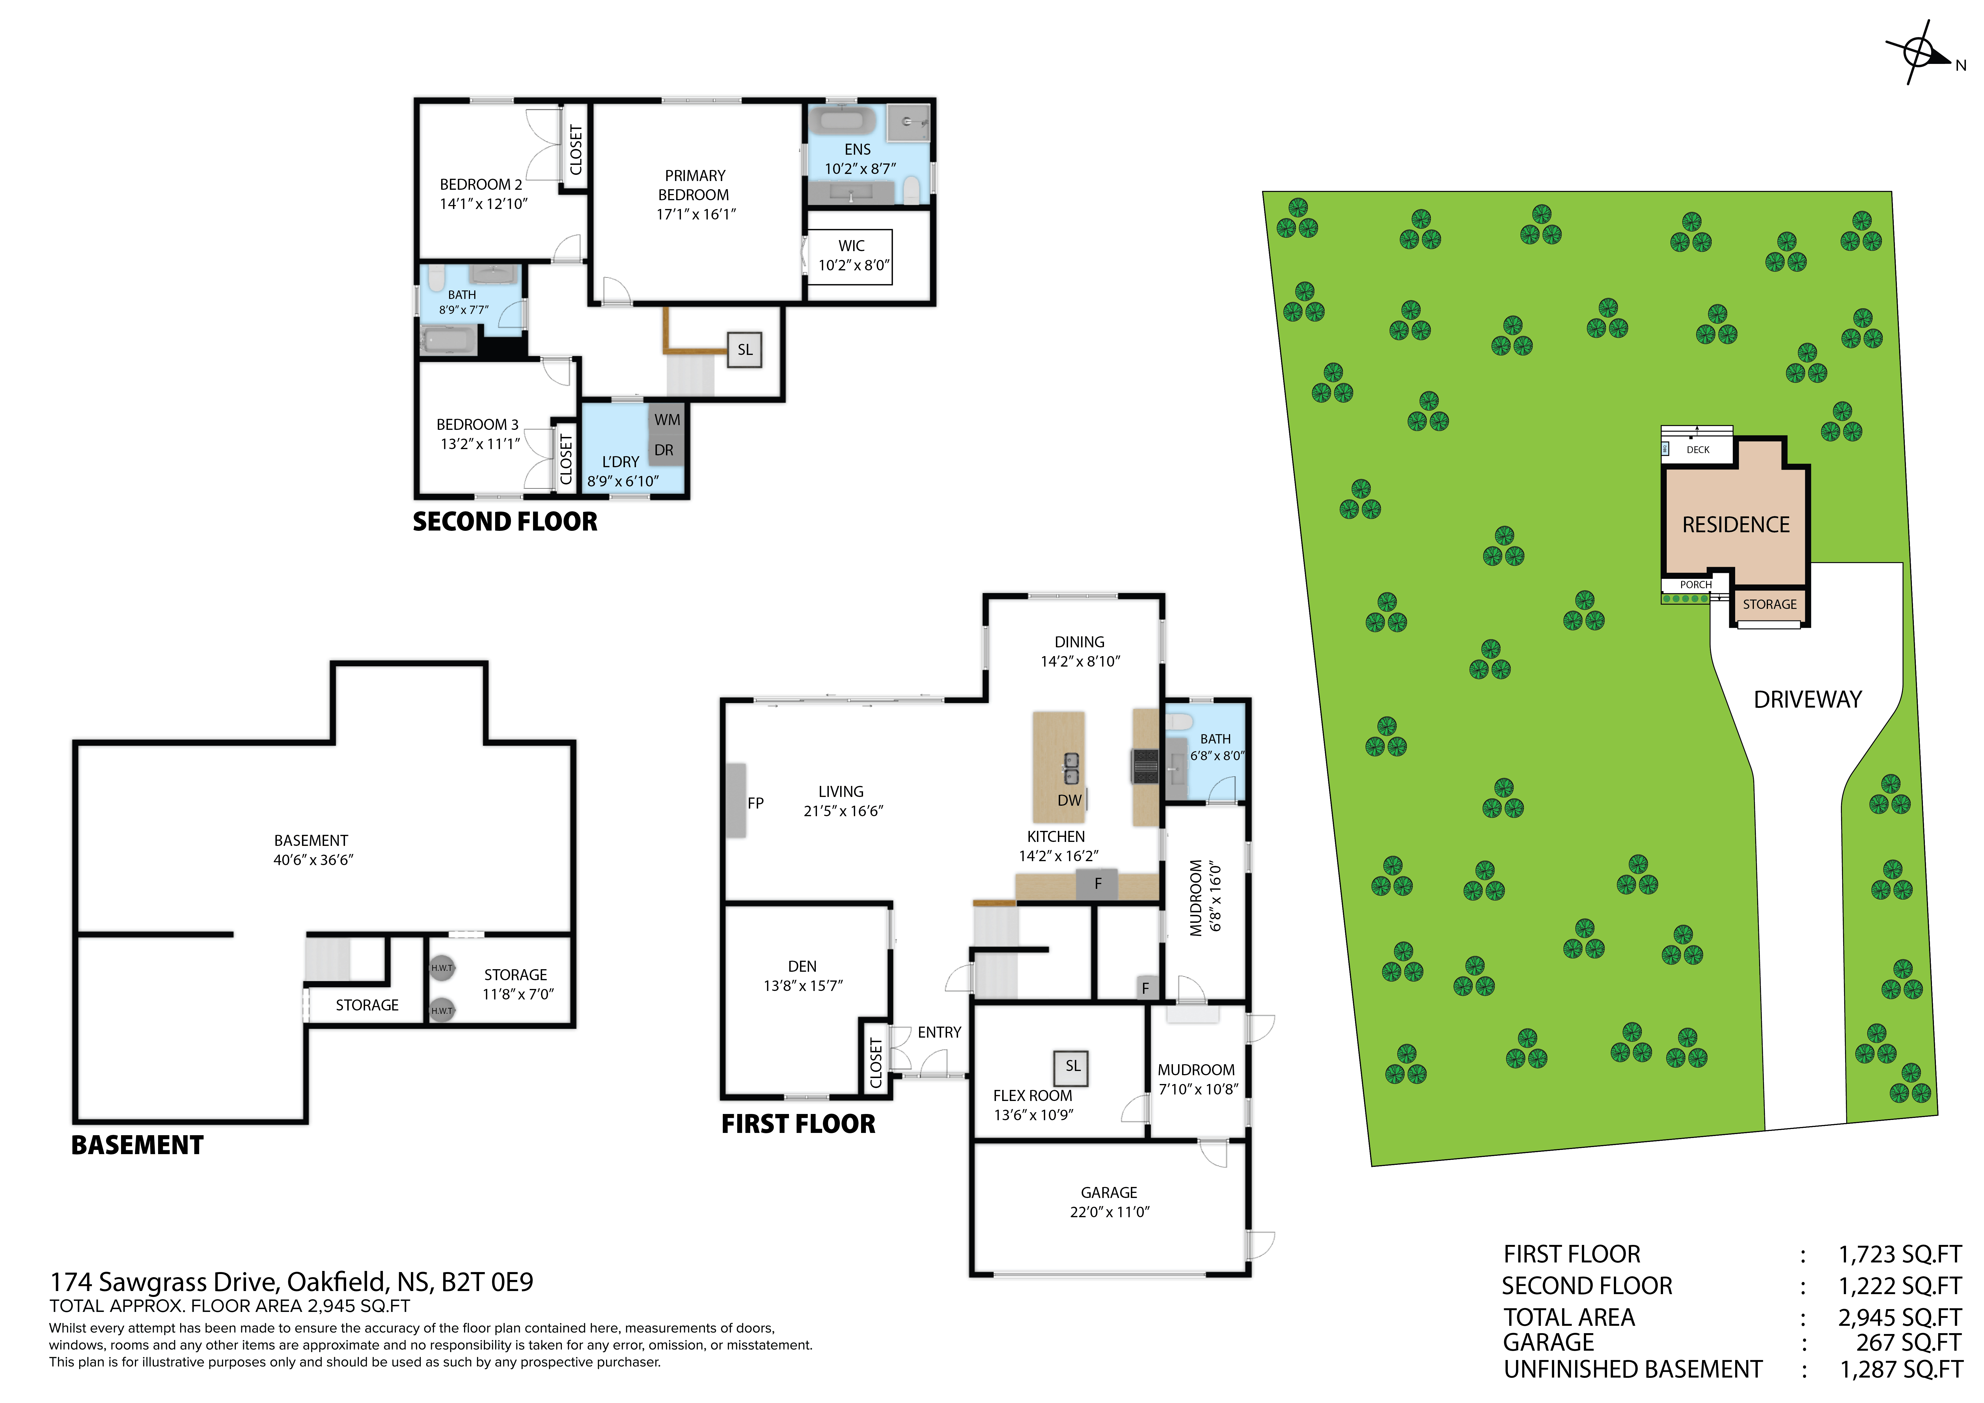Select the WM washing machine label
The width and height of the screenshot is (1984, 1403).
click(x=667, y=420)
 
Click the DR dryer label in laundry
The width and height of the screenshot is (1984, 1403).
click(x=664, y=451)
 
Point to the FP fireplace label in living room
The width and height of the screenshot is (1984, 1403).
click(x=755, y=803)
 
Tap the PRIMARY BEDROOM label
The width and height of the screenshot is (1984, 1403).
click(x=695, y=185)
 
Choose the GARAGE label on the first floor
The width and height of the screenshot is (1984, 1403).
click(x=1109, y=1193)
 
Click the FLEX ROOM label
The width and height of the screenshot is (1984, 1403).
click(x=1033, y=1095)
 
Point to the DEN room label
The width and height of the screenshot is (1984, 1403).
click(x=802, y=966)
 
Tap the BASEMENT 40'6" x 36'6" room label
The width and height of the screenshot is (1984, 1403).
click(x=312, y=850)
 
